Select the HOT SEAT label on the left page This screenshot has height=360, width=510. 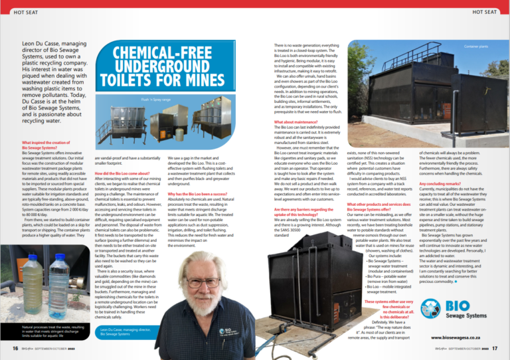pyautogui.click(x=26, y=12)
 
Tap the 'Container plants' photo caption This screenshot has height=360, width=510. pyautogui.click(x=475, y=47)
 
